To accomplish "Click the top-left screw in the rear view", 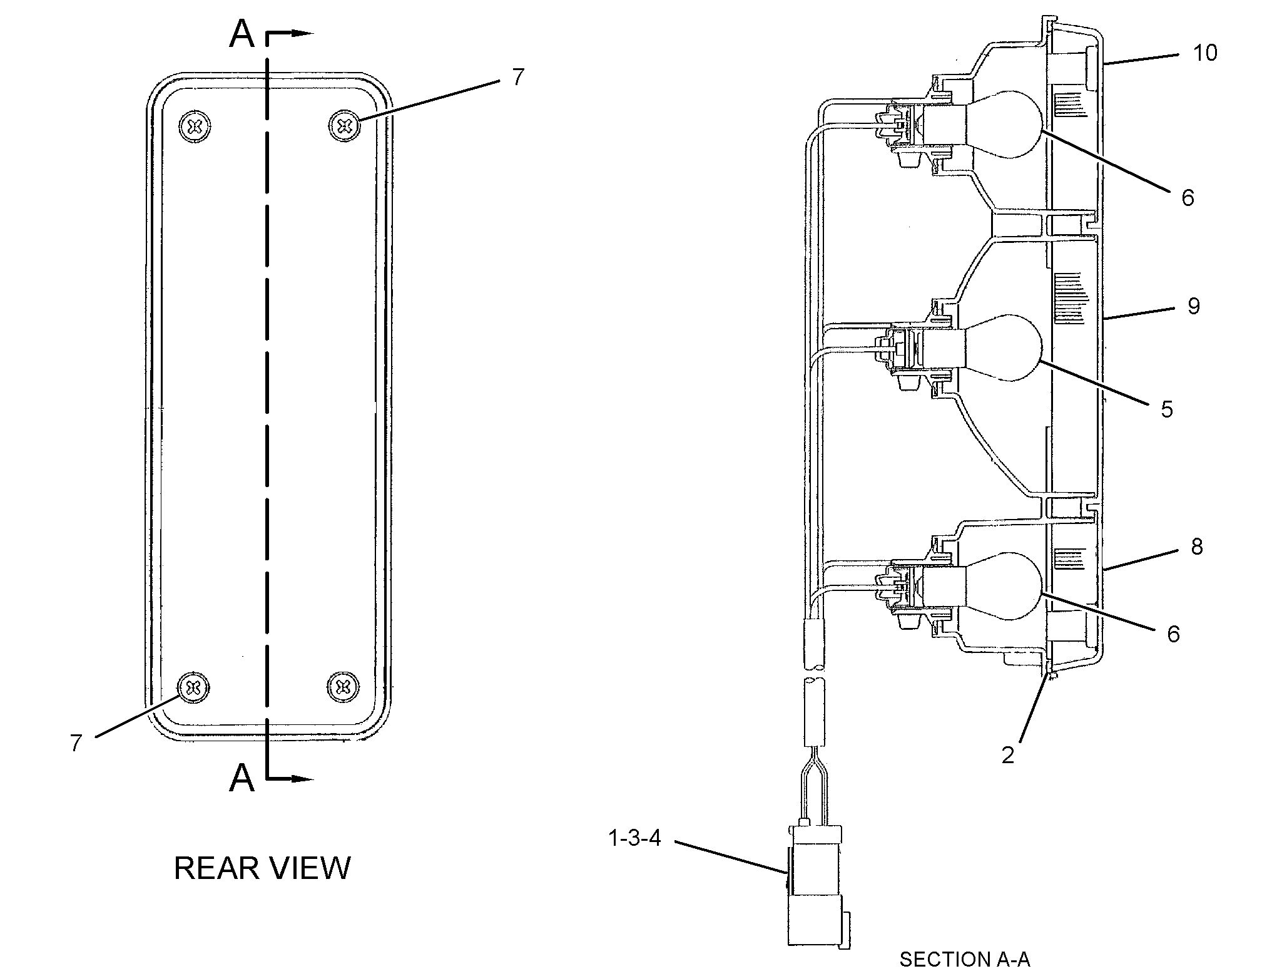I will pyautogui.click(x=195, y=127).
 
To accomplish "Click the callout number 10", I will pyautogui.click(x=1204, y=53).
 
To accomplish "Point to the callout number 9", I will pyautogui.click(x=1193, y=306).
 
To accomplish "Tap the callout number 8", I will pyautogui.click(x=1196, y=547).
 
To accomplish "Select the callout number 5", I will pyautogui.click(x=1166, y=409).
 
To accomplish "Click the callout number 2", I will pyautogui.click(x=1007, y=756).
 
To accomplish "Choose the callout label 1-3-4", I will pyautogui.click(x=634, y=838).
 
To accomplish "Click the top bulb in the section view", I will pyautogui.click(x=1004, y=124).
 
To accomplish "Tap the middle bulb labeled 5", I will pyautogui.click(x=1004, y=347).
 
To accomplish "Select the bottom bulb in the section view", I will pyautogui.click(x=1004, y=585).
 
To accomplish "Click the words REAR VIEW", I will pyautogui.click(x=262, y=868).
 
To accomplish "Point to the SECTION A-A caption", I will pyautogui.click(x=964, y=959).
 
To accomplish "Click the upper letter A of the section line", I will pyautogui.click(x=242, y=34).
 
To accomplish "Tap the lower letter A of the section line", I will pyautogui.click(x=242, y=778).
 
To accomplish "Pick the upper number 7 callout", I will pyautogui.click(x=518, y=78).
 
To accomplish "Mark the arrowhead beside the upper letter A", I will pyautogui.click(x=303, y=33).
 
